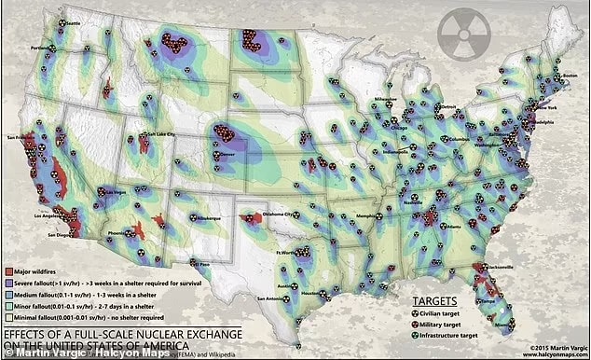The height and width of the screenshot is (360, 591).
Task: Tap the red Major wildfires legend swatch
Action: pyautogui.click(x=7, y=271)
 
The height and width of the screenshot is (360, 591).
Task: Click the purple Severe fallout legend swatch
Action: pyautogui.click(x=7, y=283)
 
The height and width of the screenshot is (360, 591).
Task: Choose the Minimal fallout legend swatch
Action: pyautogui.click(x=7, y=318)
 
